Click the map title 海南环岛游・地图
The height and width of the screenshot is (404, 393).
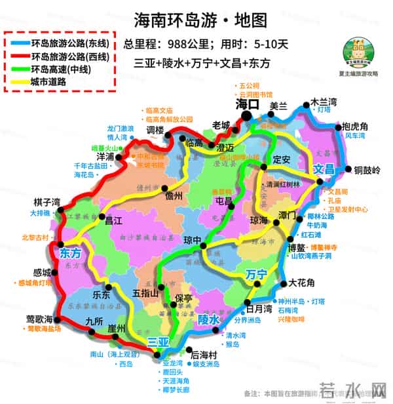[200, 20]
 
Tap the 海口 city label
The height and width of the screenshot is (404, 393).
[248, 104]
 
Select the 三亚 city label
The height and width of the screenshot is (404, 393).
[159, 342]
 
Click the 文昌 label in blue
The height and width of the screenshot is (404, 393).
[324, 169]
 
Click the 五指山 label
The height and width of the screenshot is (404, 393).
[145, 293]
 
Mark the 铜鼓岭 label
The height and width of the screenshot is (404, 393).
[367, 171]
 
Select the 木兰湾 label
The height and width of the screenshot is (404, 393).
[324, 102]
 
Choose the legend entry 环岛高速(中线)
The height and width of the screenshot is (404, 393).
[60, 69]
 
